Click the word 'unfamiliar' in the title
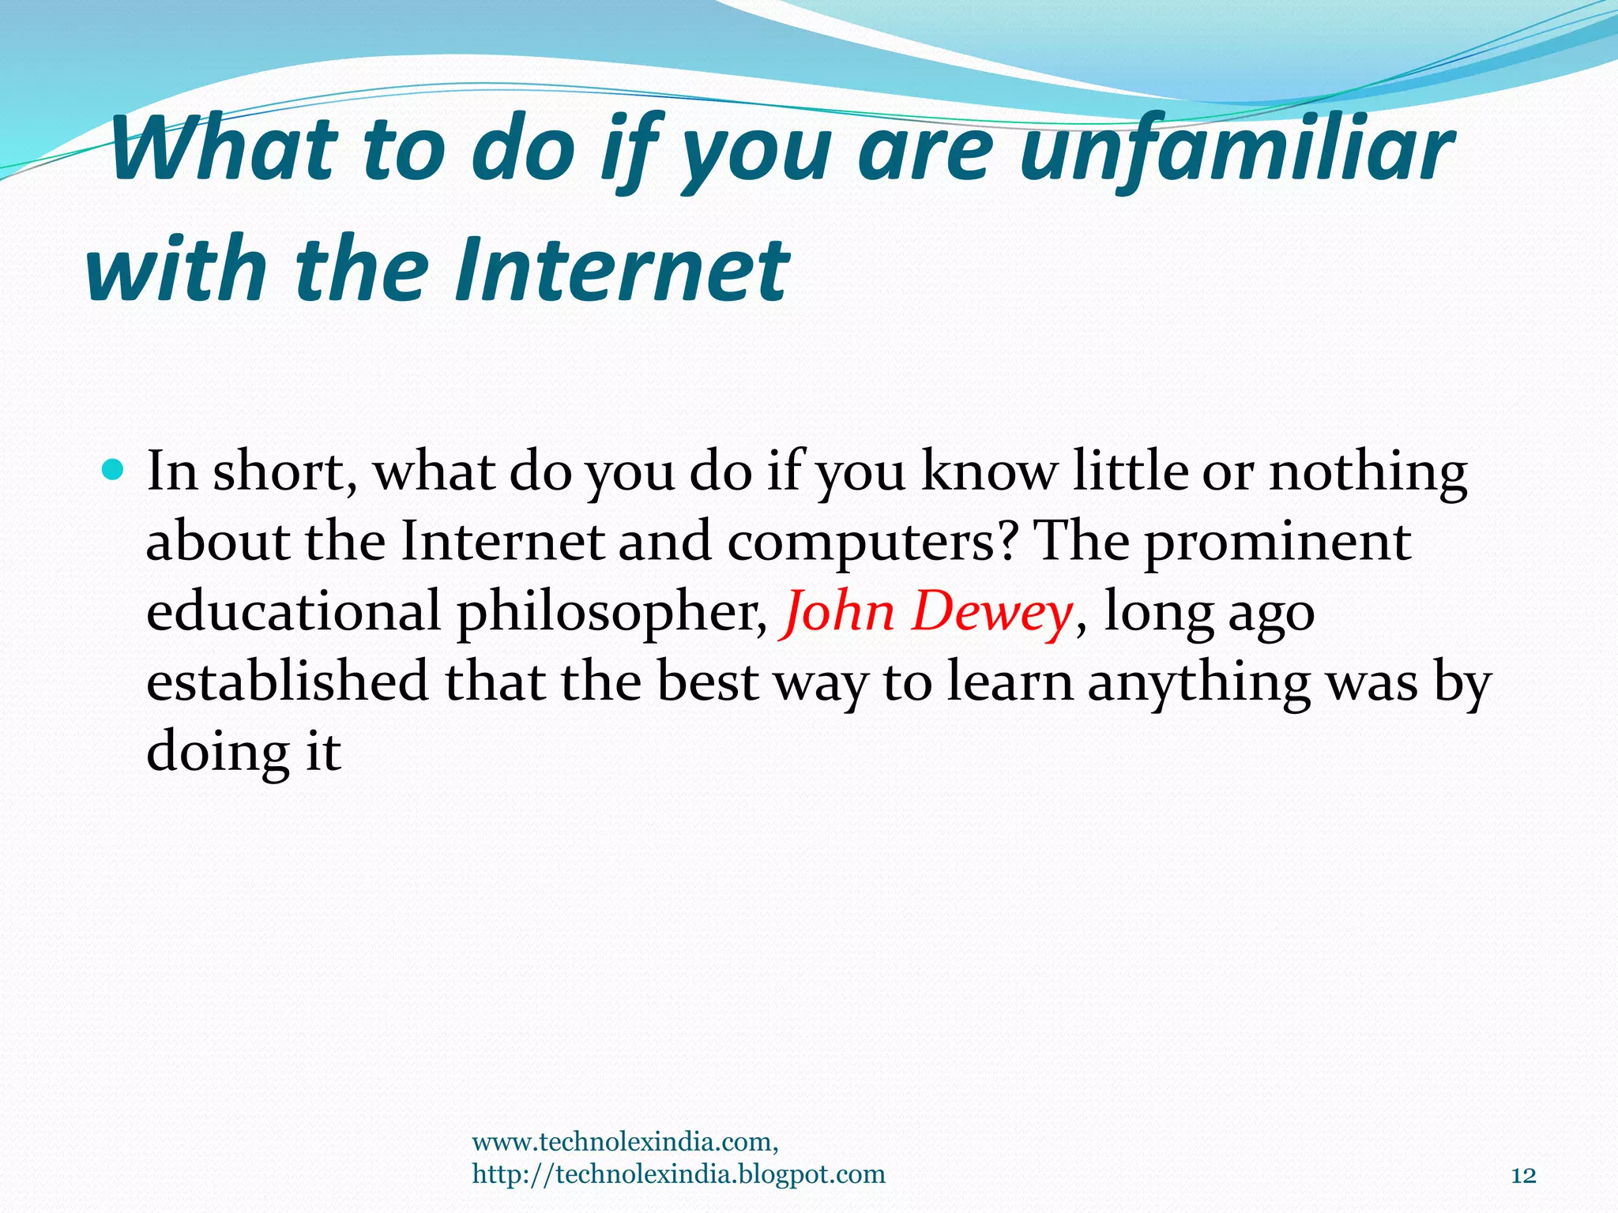tap(1236, 150)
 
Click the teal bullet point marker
tap(114, 471)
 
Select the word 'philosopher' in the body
tap(612, 613)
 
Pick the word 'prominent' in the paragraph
tap(1277, 543)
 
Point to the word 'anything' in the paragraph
tap(1198, 682)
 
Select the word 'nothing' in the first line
tap(1368, 472)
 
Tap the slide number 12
tap(1523, 1175)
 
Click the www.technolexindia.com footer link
tap(625, 1142)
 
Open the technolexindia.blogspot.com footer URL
tap(679, 1174)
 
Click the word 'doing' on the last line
tap(218, 752)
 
